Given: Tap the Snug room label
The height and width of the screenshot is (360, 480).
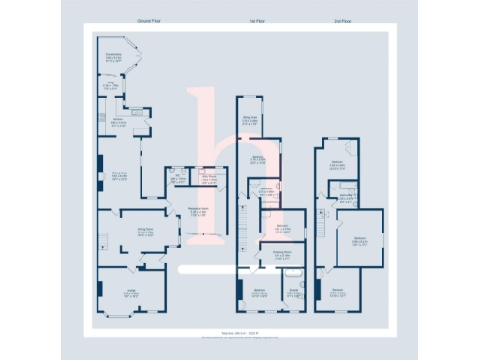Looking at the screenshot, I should [109, 88].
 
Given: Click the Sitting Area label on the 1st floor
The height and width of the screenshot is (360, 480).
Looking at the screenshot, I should [249, 120].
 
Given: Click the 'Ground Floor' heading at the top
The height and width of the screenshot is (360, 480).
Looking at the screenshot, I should [150, 20].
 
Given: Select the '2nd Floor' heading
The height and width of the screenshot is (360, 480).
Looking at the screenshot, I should [343, 20].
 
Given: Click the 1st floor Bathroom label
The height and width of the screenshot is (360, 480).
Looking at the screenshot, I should [265, 191].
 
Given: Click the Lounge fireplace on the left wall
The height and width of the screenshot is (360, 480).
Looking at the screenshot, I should [100, 290].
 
